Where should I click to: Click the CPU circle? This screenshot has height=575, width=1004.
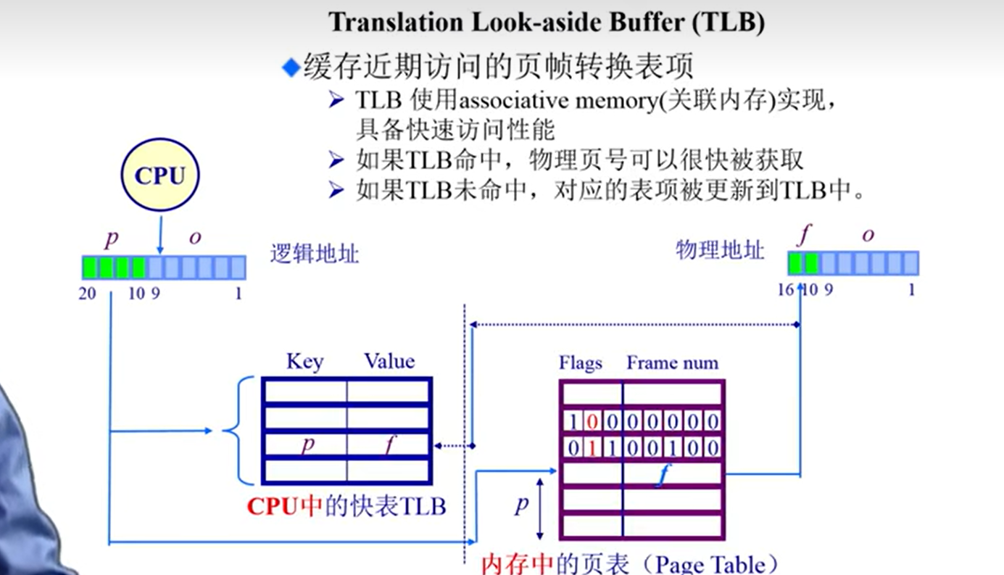[159, 175]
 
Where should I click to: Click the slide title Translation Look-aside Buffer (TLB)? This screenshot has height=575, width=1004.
[547, 22]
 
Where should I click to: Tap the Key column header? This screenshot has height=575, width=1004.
[304, 361]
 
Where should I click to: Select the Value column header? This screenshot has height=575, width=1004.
[389, 361]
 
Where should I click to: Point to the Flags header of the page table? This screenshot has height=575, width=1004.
[581, 363]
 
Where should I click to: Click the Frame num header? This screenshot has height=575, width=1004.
[672, 363]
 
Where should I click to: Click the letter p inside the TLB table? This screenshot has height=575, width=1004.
[308, 444]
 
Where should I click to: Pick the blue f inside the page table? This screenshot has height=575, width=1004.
[660, 476]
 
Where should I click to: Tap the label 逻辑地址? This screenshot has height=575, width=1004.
[315, 254]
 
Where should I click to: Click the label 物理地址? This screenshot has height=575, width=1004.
[720, 250]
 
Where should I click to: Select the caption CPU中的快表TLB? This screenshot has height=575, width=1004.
[346, 506]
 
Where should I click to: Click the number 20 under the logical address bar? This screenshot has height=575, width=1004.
[88, 294]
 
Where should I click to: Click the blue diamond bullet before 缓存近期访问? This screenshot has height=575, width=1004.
[291, 68]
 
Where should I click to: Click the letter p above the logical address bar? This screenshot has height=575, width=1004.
[111, 239]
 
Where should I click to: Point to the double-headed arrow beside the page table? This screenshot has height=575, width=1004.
[540, 507]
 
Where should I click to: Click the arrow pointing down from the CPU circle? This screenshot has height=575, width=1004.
[159, 233]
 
